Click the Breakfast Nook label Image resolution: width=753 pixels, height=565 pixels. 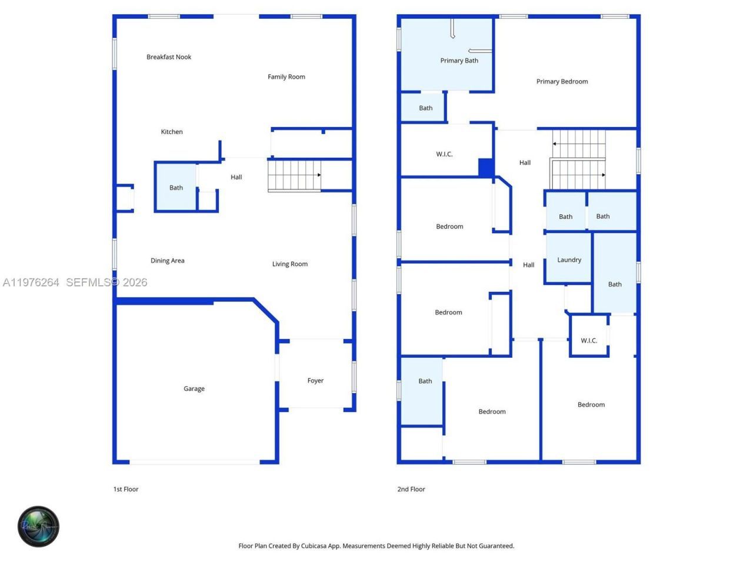point(169,57)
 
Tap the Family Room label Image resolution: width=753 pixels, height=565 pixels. point(286,77)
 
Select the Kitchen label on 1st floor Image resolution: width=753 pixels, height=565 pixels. point(172,132)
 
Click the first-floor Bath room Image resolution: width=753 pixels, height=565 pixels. point(176,187)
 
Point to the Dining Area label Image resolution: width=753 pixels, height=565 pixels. point(167,261)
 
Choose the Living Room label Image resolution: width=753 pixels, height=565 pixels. point(289,264)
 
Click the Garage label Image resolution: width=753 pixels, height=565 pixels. point(194,388)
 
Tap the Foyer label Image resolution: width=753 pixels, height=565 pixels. point(315,381)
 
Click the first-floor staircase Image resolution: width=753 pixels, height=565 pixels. point(294,175)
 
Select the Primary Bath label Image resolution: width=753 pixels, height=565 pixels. point(459,61)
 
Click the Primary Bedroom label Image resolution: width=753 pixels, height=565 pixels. point(562,82)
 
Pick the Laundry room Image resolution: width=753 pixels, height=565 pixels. point(569,260)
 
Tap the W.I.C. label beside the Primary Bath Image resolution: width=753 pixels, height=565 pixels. point(444,154)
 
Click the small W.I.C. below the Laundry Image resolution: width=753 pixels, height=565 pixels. point(589,341)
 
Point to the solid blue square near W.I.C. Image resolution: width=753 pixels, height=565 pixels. point(486,168)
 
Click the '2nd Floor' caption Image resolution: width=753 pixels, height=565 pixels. point(411,489)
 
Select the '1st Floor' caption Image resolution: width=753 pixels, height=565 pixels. point(126,489)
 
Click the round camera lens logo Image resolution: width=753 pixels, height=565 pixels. point(39,526)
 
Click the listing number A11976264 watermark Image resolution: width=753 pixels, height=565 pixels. point(31,282)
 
